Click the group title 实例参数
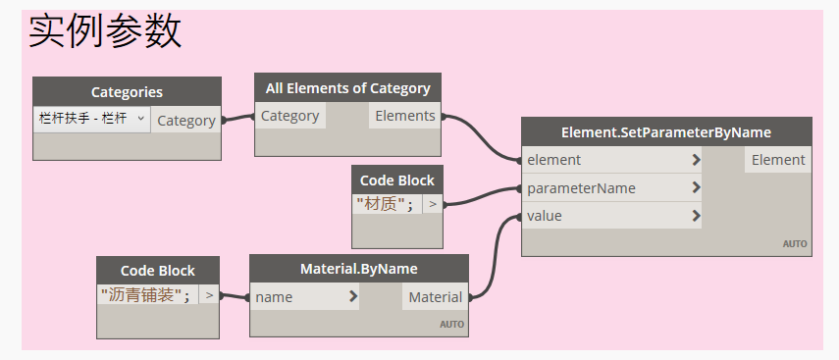[105, 32]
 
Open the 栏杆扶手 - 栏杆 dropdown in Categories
[91, 119]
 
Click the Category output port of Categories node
[185, 121]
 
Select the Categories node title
[127, 92]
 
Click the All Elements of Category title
[347, 88]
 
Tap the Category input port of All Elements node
[289, 116]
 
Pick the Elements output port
[405, 116]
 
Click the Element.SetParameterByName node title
[666, 132]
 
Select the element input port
[554, 160]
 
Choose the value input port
[545, 216]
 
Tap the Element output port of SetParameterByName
[778, 160]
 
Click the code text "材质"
[385, 204]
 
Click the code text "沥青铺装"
[145, 294]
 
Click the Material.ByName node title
[358, 269]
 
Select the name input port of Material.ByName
[274, 296]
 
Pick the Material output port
[435, 296]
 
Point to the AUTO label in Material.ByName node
[451, 324]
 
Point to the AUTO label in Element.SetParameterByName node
[794, 243]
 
